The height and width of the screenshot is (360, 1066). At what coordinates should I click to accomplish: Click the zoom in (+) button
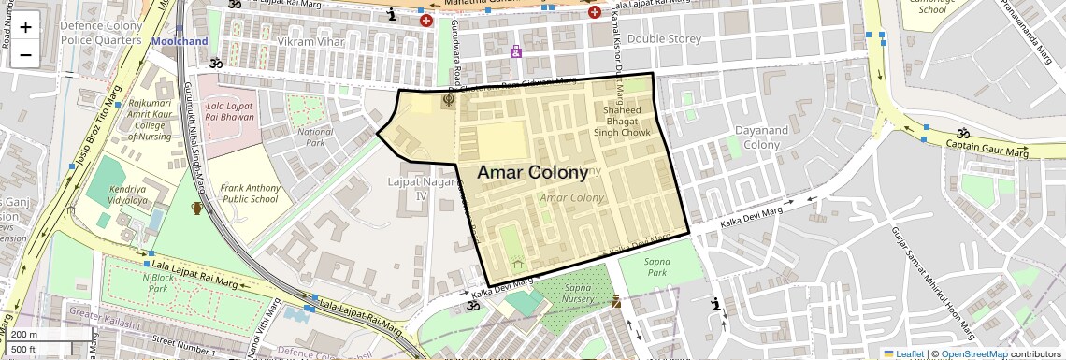[25, 26]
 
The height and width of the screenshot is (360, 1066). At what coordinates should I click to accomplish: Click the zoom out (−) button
[25, 54]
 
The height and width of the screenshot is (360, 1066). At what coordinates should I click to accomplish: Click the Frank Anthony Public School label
[249, 193]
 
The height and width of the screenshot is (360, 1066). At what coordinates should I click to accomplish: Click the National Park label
[315, 137]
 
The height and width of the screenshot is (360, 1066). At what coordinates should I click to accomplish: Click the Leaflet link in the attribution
[903, 353]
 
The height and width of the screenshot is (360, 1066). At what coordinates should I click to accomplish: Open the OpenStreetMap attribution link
[973, 353]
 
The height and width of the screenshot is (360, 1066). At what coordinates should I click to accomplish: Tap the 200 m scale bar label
[25, 335]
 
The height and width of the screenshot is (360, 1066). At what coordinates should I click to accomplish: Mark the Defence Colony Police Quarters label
[100, 32]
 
